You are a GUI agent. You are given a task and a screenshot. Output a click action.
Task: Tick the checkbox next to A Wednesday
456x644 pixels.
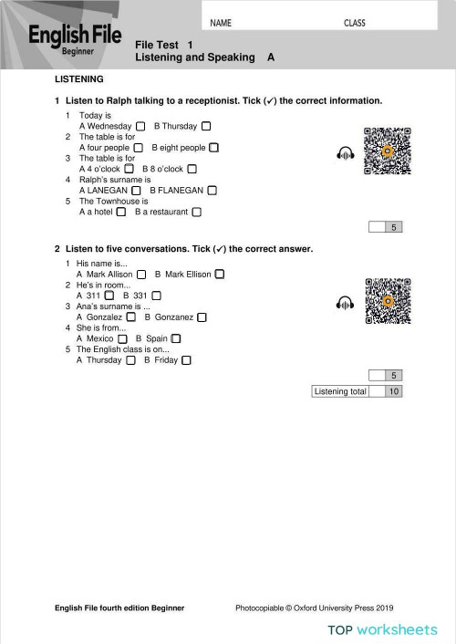click(140, 126)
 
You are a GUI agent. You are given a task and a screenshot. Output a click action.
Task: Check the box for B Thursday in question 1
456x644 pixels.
click(206, 126)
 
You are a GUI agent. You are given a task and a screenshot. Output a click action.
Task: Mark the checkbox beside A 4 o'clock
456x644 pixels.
click(129, 169)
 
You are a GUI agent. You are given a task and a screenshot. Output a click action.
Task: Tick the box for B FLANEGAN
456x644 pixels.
click(212, 191)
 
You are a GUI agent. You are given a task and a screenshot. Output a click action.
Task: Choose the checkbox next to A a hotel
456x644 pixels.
click(121, 213)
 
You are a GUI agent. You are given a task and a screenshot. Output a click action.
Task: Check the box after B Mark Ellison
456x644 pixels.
click(220, 274)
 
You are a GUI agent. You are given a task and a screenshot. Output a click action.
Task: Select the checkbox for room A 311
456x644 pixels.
click(109, 296)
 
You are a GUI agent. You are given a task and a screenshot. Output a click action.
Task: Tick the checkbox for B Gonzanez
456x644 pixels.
click(202, 317)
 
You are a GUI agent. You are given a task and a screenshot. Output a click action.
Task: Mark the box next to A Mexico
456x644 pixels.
click(123, 338)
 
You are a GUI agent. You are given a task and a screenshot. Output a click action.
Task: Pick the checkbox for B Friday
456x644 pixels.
click(186, 360)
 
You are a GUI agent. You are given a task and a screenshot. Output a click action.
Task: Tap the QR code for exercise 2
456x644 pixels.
click(388, 301)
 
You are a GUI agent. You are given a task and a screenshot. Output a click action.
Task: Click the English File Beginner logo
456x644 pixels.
click(76, 39)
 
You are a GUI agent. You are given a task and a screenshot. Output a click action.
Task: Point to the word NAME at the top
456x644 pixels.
click(221, 23)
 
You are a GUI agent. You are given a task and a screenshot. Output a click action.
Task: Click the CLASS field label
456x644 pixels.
click(355, 23)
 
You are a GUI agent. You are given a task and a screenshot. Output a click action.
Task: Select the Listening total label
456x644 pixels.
click(340, 391)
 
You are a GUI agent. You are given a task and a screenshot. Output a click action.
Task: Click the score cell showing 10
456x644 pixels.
click(394, 391)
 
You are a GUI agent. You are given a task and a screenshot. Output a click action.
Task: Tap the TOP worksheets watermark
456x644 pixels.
click(383, 629)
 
